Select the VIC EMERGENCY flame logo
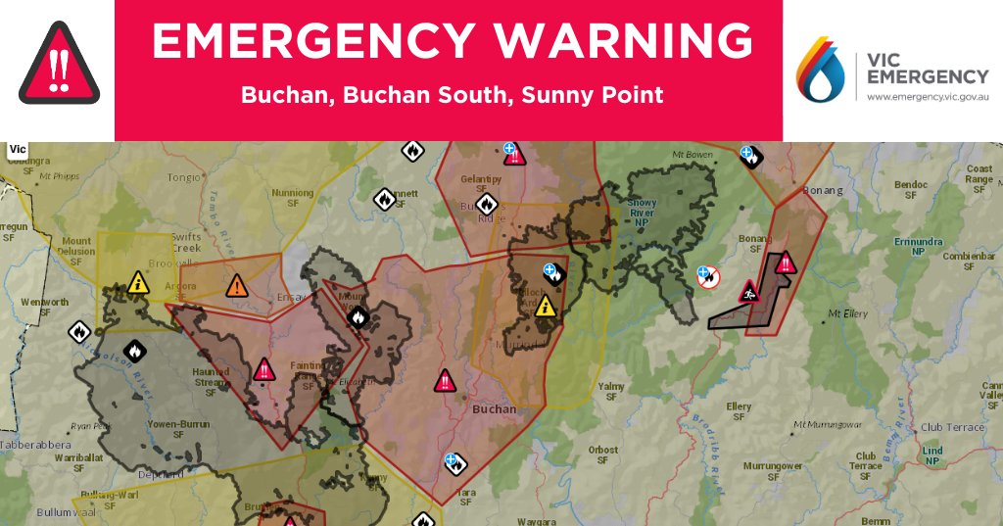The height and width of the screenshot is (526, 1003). (821, 71)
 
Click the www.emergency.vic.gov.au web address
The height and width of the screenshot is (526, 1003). (927, 98)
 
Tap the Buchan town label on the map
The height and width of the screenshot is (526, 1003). (494, 409)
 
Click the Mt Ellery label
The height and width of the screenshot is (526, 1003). (849, 314)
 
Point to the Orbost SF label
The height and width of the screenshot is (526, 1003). (603, 455)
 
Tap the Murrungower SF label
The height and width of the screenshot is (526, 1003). (774, 471)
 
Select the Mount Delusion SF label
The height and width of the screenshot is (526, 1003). (77, 246)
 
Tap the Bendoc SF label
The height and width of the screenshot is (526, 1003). (910, 189)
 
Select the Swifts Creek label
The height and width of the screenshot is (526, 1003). (185, 242)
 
